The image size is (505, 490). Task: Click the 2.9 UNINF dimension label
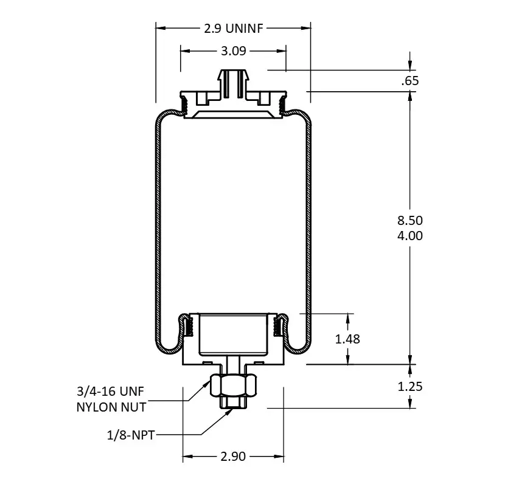point(234,29)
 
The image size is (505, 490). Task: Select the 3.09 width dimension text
point(234,51)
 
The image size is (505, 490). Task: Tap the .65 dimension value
point(410,80)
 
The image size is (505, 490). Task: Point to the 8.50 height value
point(410,221)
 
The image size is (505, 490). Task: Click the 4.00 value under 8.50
point(410,236)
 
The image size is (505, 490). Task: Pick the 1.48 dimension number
point(347,339)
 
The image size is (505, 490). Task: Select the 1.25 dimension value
point(410,387)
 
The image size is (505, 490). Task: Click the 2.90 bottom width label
point(233,456)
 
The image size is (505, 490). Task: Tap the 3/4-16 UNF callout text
point(111,392)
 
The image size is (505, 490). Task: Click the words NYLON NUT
point(111,407)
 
